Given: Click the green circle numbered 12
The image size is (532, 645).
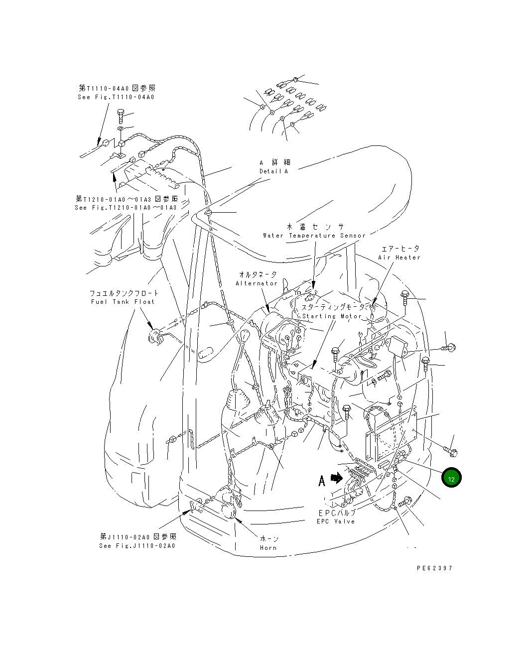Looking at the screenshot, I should pyautogui.click(x=451, y=478).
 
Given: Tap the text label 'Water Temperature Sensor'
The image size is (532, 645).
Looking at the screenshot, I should pyautogui.click(x=314, y=236).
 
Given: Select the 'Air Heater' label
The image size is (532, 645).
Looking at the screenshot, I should pyautogui.click(x=399, y=258).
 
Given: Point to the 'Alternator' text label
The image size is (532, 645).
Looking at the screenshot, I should pyautogui.click(x=257, y=283).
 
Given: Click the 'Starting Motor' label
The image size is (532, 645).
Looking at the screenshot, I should pyautogui.click(x=332, y=316).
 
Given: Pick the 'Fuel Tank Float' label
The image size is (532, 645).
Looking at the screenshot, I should pyautogui.click(x=123, y=302).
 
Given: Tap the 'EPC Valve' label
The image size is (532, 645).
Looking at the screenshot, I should pyautogui.click(x=336, y=521).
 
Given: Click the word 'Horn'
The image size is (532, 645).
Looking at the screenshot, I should pyautogui.click(x=268, y=547).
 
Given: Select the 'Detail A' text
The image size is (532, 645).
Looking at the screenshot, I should pyautogui.click(x=273, y=171).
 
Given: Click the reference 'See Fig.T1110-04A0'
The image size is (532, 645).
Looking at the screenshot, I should pyautogui.click(x=116, y=97).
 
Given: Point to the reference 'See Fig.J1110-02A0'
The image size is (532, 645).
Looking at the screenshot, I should pyautogui.click(x=137, y=545).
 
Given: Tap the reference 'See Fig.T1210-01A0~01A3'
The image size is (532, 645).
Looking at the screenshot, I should pyautogui.click(x=126, y=208).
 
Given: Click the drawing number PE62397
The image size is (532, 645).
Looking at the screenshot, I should pyautogui.click(x=434, y=568).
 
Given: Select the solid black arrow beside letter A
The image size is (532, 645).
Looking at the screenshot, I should pyautogui.click(x=337, y=479).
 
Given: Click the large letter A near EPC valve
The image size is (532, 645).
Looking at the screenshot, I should pyautogui.click(x=322, y=481).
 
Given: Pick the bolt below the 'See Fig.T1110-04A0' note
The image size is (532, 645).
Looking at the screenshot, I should pyautogui.click(x=121, y=117).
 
